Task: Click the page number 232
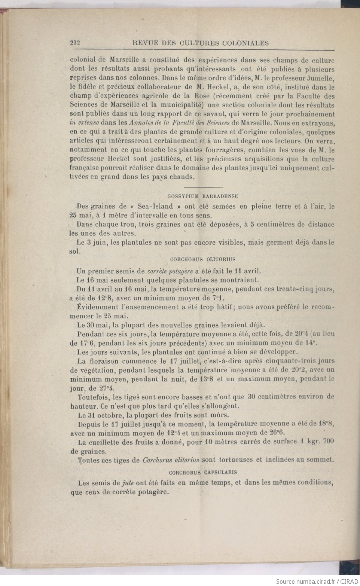[x=76, y=43]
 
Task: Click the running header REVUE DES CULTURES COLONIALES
[x=201, y=43]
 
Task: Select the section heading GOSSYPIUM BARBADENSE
[x=203, y=196]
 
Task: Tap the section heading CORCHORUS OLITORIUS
[x=202, y=259]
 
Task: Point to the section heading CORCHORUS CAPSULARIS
[x=203, y=472]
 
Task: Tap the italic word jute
[x=128, y=483]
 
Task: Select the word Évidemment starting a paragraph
[x=95, y=307]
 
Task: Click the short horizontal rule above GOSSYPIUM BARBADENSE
[x=204, y=187]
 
